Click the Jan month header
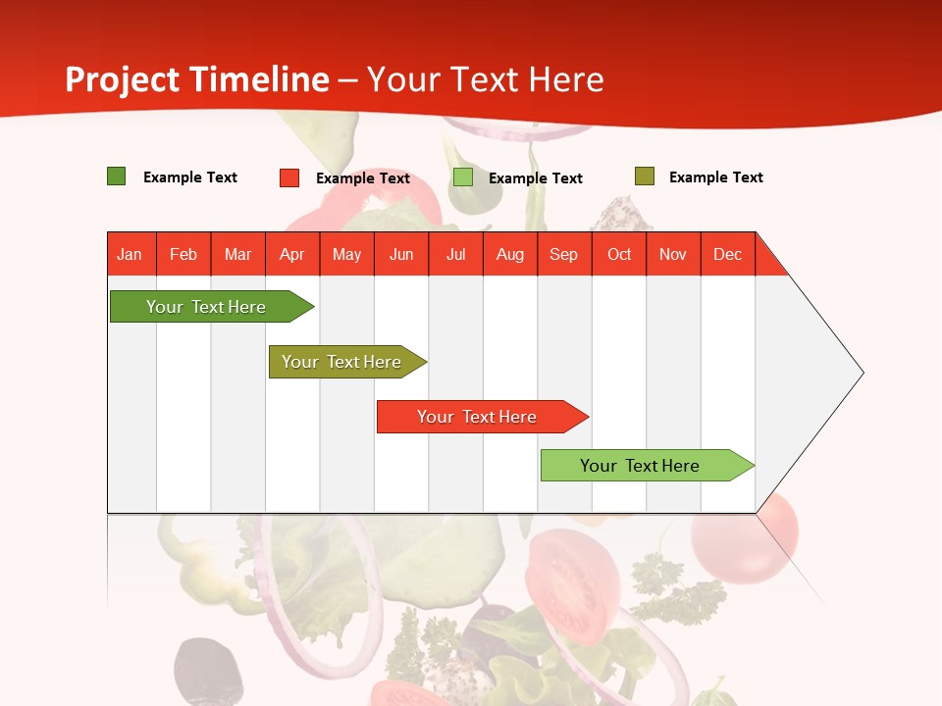[x=131, y=254]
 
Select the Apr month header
[x=292, y=254]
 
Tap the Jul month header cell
[x=455, y=254]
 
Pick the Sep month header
[x=564, y=254]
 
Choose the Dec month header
[x=727, y=254]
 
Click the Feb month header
[x=183, y=254]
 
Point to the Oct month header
[x=619, y=254]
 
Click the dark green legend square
[x=117, y=176]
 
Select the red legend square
[x=289, y=177]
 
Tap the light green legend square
[x=463, y=177]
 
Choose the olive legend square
[x=645, y=176]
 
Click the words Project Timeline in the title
[x=197, y=79]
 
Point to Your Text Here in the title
[x=486, y=79]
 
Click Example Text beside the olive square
[x=715, y=177]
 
